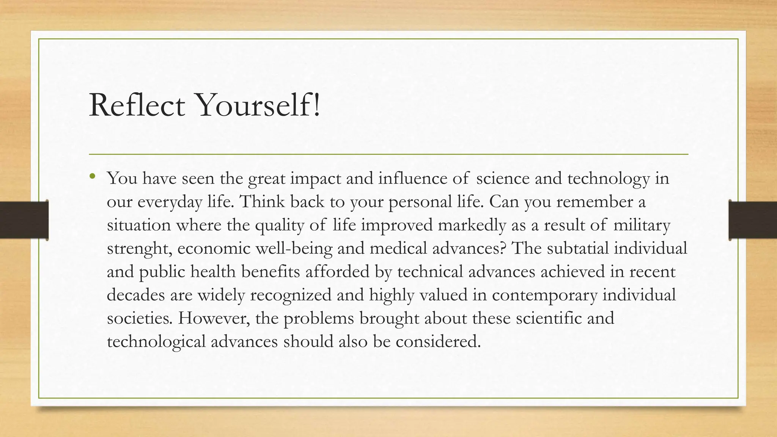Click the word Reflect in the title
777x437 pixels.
click(137, 105)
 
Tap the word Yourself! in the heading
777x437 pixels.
click(258, 105)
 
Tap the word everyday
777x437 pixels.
click(170, 202)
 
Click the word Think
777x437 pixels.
click(262, 202)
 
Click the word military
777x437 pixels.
click(642, 225)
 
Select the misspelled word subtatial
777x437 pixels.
click(577, 248)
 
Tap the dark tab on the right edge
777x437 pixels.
click(753, 220)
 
